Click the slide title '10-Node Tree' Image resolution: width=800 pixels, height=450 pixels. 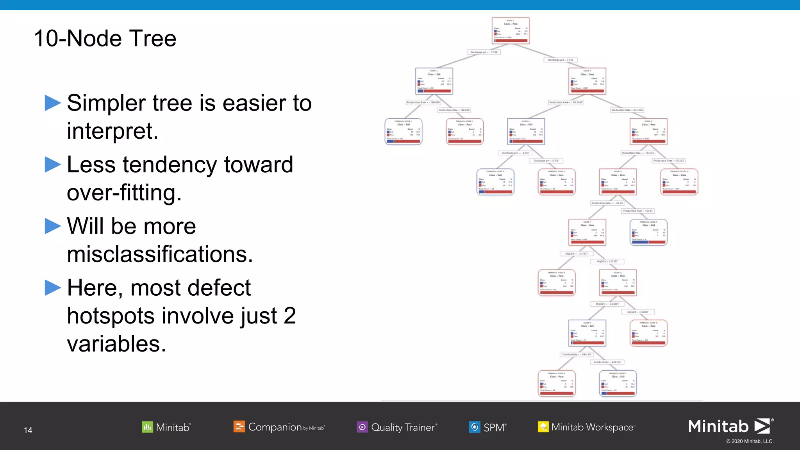click(105, 39)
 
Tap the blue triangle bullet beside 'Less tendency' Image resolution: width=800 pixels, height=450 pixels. click(53, 164)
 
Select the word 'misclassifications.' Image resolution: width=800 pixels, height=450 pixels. click(160, 254)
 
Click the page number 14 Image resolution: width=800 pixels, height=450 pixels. click(28, 430)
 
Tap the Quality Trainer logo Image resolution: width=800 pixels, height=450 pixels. click(397, 427)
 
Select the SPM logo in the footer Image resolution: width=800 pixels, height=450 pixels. click(487, 427)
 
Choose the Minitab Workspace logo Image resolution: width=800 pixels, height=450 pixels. click(586, 427)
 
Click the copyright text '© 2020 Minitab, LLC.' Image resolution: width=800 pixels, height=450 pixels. click(750, 441)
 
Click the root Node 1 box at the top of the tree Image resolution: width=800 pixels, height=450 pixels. click(511, 30)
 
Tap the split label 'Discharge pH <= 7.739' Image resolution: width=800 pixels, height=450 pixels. click(484, 52)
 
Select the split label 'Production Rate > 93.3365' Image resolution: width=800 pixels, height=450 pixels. click(627, 110)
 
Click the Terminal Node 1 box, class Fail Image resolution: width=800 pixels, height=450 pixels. click(404, 132)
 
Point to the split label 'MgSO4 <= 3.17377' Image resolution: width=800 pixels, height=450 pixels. click(576, 254)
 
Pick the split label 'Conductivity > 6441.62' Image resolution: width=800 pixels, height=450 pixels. click(607, 362)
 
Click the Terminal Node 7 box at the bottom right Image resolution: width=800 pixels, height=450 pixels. click(618, 384)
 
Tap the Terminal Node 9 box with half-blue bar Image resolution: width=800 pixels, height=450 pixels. click(648, 232)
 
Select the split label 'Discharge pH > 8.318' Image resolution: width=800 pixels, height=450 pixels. click(546, 161)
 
